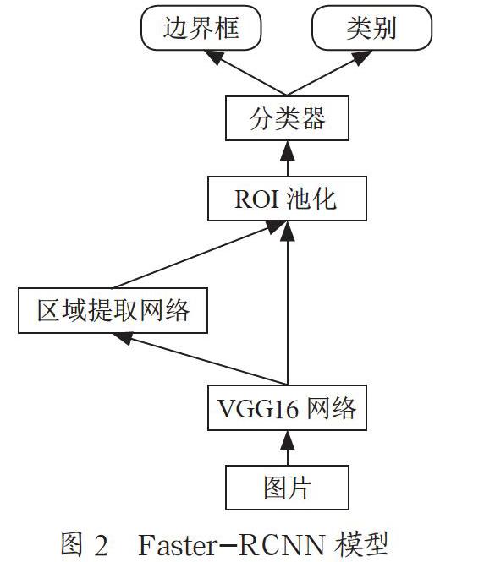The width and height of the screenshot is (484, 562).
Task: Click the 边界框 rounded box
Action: [x=201, y=28]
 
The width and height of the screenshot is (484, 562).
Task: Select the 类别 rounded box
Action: [x=371, y=28]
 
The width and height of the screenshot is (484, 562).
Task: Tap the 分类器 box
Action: [x=287, y=118]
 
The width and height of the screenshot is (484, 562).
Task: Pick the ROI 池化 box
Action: [x=287, y=199]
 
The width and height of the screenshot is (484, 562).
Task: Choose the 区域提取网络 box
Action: [x=113, y=310]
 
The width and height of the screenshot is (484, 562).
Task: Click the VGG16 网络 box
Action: [x=287, y=408]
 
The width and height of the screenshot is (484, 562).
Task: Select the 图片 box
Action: [x=287, y=488]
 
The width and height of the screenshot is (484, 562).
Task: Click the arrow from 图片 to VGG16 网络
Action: [x=288, y=448]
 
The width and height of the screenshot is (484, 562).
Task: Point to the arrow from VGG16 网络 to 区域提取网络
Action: [x=200, y=359]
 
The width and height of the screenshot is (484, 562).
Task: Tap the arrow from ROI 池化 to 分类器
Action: [x=288, y=158]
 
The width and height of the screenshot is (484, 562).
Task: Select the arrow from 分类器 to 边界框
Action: [x=245, y=74]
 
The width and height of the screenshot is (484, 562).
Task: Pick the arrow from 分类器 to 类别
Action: [x=329, y=74]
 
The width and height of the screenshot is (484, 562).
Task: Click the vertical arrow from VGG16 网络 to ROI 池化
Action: [x=288, y=303]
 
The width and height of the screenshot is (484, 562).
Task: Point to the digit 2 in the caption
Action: [x=101, y=545]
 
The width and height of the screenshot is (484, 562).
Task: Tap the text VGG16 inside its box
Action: [x=257, y=408]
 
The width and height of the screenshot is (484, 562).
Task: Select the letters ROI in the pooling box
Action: [x=256, y=199]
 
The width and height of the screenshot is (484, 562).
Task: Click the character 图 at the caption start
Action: [x=72, y=545]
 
